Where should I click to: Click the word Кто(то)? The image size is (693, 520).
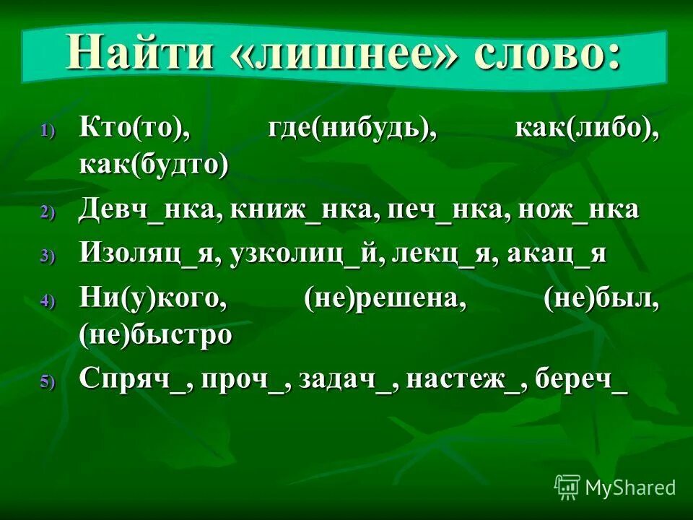(134, 130)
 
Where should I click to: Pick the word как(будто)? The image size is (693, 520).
(154, 165)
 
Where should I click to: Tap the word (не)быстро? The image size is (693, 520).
(156, 334)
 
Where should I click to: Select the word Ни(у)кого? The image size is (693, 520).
(152, 298)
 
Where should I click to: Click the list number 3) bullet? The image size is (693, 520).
(47, 256)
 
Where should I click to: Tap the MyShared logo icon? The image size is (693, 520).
(567, 486)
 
